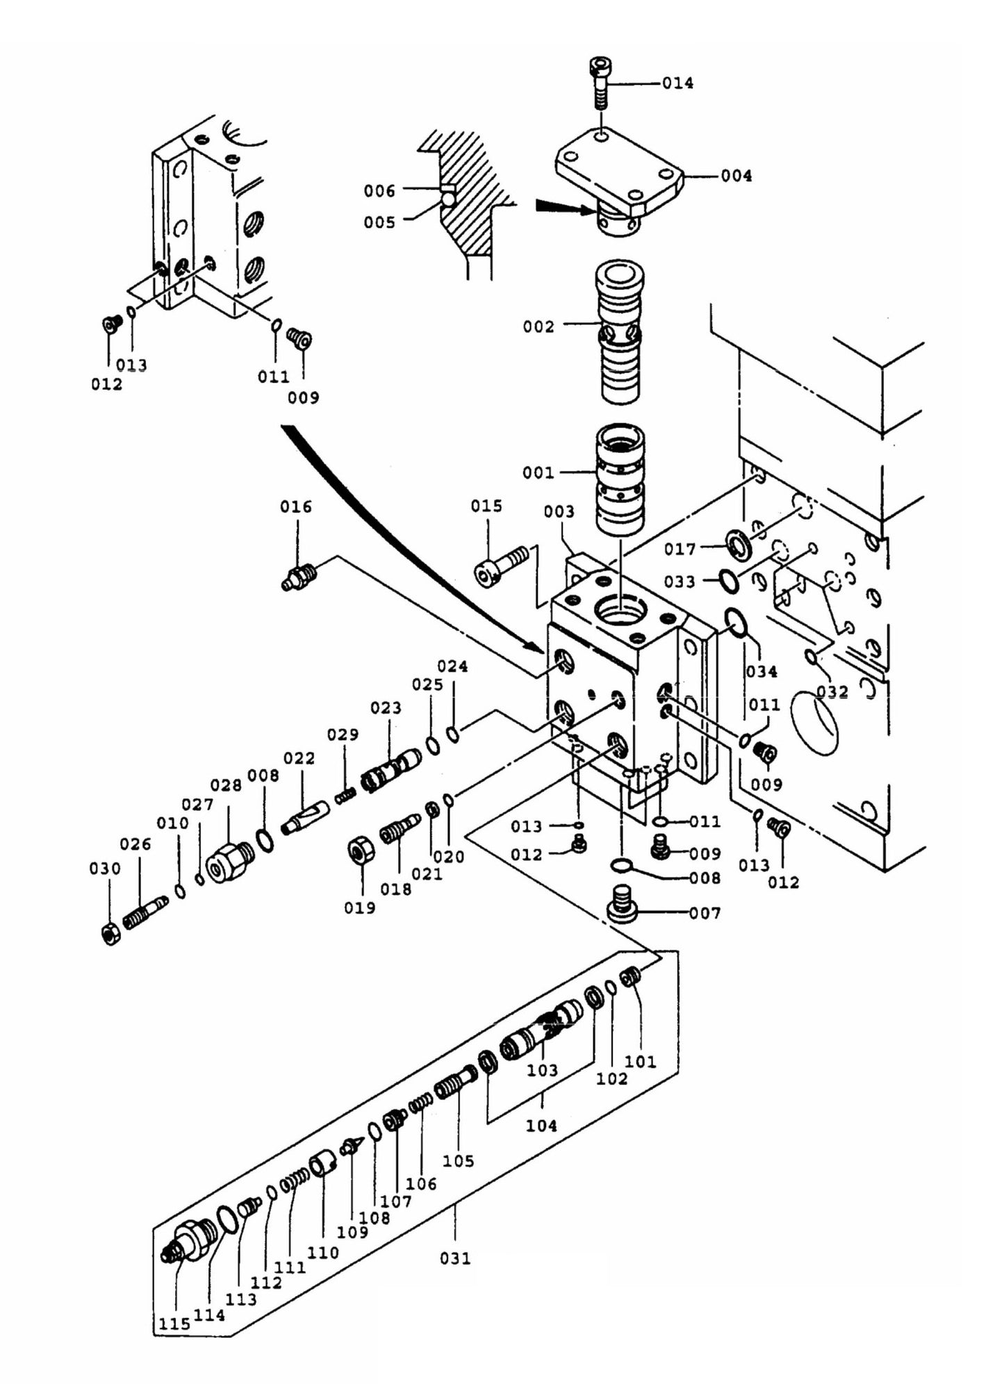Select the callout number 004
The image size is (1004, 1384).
[736, 176]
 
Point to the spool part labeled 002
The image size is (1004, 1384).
[620, 332]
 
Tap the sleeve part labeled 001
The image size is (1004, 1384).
[620, 479]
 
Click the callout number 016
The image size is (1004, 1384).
[296, 506]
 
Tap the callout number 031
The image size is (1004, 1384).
[455, 1258]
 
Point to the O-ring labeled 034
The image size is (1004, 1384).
[735, 622]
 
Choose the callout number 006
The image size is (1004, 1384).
[379, 190]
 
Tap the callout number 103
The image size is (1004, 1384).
[542, 1071]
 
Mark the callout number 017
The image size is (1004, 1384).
[679, 549]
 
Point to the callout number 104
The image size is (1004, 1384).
[541, 1126]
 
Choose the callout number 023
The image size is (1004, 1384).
[386, 707]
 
